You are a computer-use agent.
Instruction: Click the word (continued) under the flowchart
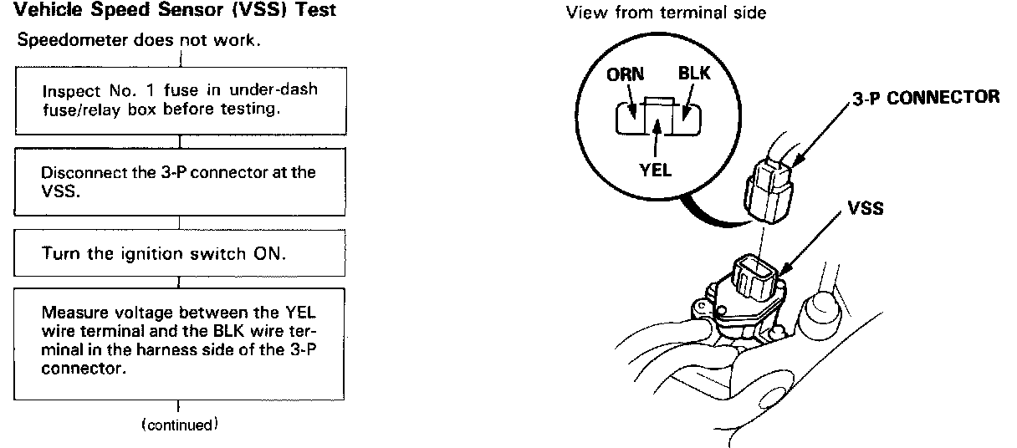pyautogui.click(x=179, y=424)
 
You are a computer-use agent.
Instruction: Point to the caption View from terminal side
pyautogui.click(x=666, y=13)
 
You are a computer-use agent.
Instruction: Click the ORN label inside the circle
pyautogui.click(x=626, y=74)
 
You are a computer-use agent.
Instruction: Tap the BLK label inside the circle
pyautogui.click(x=693, y=74)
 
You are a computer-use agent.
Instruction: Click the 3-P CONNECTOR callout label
pyautogui.click(x=925, y=97)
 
